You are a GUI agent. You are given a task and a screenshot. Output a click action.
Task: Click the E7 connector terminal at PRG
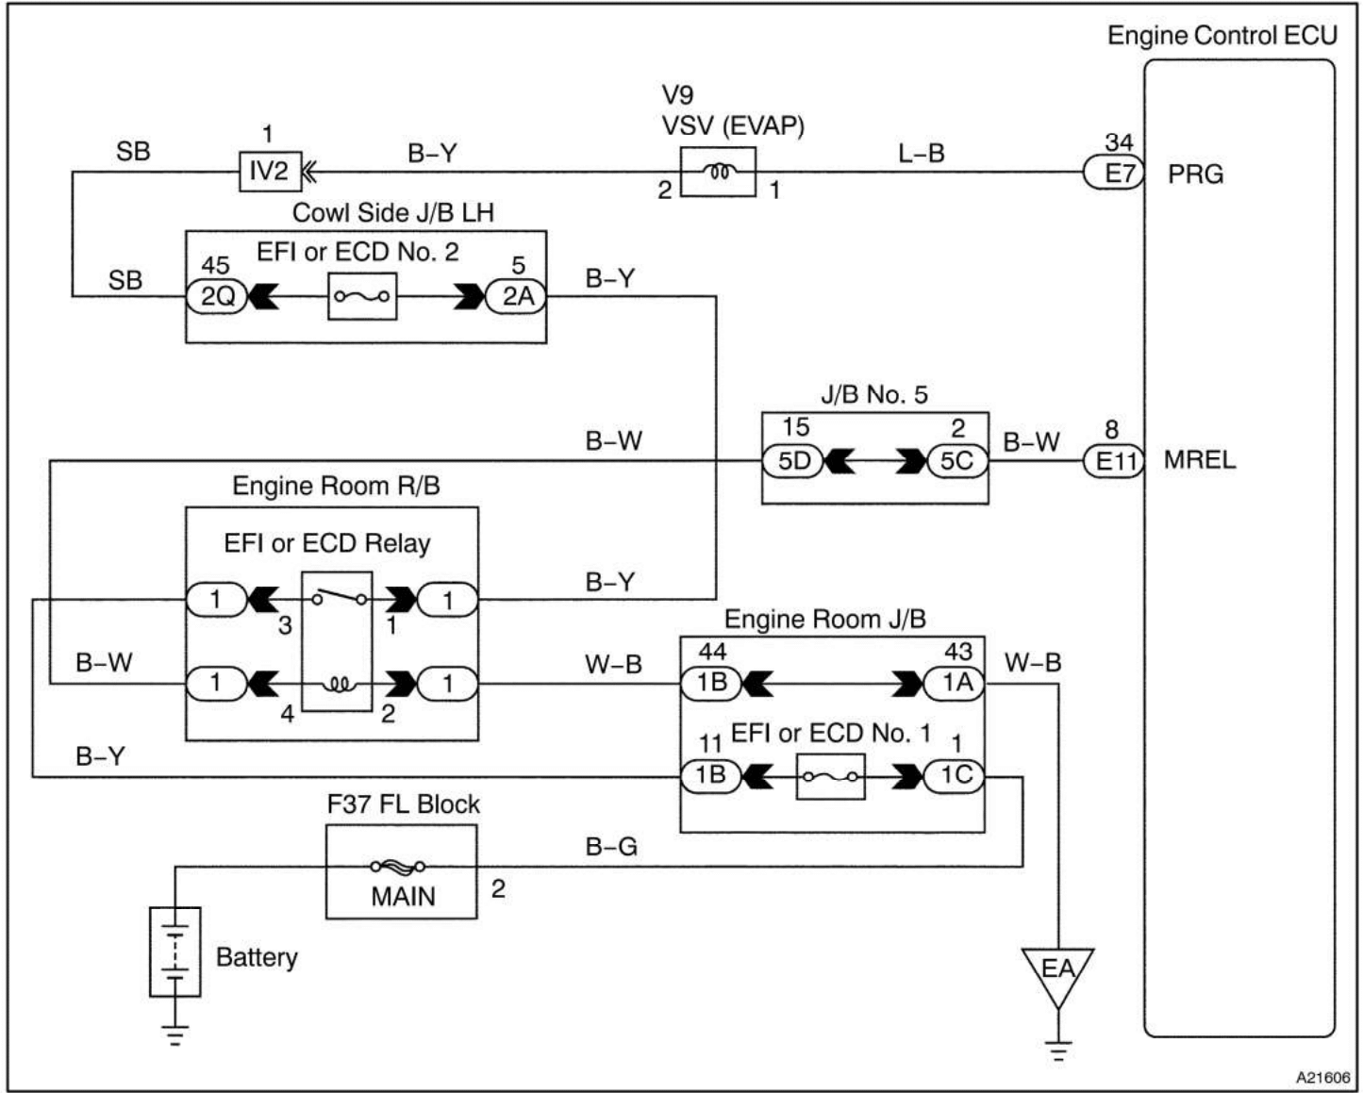(x=1114, y=174)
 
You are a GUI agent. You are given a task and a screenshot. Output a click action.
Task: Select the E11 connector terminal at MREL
(x=1114, y=461)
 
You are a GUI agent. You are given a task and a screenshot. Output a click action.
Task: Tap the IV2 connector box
(x=268, y=172)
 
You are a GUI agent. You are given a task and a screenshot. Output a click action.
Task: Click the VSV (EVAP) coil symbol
(x=718, y=172)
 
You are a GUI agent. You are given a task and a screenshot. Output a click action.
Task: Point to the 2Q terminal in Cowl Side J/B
(x=218, y=297)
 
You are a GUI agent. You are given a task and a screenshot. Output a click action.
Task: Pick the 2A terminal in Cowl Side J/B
(x=517, y=297)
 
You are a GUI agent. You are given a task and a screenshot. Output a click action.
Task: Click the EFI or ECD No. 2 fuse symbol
(x=362, y=297)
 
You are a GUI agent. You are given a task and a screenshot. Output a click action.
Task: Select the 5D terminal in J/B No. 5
(x=793, y=462)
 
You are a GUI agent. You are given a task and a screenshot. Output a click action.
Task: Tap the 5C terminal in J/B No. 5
(x=956, y=462)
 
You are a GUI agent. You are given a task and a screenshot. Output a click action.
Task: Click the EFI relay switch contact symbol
(x=337, y=598)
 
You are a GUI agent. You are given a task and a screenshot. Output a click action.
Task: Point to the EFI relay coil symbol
(x=337, y=683)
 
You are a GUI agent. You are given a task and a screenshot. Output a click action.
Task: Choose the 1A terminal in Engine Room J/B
(x=956, y=683)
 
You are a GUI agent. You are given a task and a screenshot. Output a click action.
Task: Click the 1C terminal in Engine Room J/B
(x=956, y=776)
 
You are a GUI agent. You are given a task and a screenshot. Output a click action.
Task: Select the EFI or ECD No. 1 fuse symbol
(x=830, y=776)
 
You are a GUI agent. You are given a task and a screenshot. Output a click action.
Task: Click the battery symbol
(x=175, y=952)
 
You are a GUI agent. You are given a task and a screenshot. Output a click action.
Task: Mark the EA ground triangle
(x=1057, y=971)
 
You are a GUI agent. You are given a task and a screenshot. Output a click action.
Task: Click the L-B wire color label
(x=921, y=153)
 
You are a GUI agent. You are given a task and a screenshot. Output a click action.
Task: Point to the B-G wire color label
(x=611, y=846)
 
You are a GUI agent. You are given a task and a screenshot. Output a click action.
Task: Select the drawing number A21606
(x=1321, y=1077)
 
